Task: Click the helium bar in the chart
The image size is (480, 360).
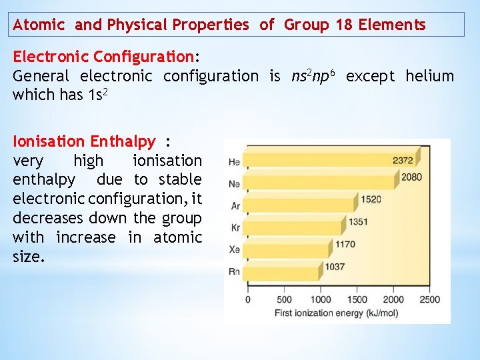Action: point(320,161)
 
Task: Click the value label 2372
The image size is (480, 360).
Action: point(403,160)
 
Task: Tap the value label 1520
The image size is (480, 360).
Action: point(371,199)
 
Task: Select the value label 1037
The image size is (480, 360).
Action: point(335,267)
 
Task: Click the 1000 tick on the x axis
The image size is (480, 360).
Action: point(321,299)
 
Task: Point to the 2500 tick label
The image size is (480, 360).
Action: point(430,299)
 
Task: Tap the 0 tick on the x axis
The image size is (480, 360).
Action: point(248,299)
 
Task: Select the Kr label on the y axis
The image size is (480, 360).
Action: point(235,227)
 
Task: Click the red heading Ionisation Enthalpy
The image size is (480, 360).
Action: point(84,141)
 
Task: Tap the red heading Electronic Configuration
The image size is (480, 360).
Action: point(103,56)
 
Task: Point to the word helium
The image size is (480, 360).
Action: point(429,76)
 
